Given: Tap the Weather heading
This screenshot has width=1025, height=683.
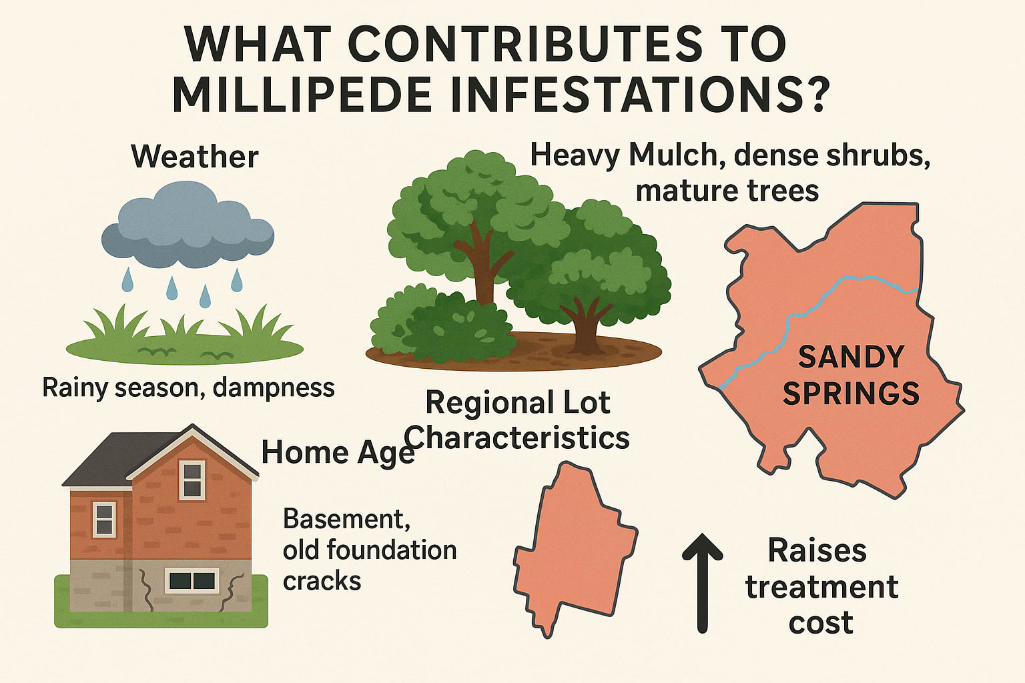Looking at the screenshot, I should pos(195,157).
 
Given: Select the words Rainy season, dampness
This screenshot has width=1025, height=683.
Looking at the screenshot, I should pos(188,388).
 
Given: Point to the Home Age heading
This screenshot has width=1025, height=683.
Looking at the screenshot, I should pos(338,453).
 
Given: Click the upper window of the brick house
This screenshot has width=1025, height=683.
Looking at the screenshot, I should pos(192,480).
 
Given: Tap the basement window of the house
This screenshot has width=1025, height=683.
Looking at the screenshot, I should pos(192,580).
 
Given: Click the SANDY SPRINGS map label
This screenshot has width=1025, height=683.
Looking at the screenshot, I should pos(851,376).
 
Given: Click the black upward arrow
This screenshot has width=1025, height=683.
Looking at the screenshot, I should pos(702,580).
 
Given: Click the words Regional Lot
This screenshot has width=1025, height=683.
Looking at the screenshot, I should pos(517,403).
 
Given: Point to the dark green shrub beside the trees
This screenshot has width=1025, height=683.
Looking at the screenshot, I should pos(440,327).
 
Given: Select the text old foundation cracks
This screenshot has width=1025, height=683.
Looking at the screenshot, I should pos(369,566).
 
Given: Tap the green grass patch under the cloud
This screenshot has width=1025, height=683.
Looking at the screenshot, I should pos(185,347).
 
